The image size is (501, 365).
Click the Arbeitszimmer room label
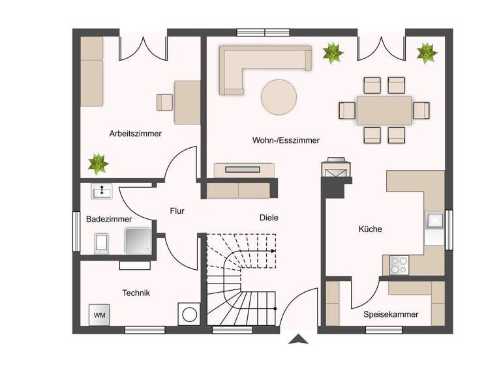[x=135, y=134]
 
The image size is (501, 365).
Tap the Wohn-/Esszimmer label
[x=286, y=140]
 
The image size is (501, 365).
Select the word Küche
[x=370, y=229]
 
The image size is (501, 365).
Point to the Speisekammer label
[x=391, y=314]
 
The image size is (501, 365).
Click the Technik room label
[x=136, y=293]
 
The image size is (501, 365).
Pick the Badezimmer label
[x=109, y=220]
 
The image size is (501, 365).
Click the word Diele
[x=269, y=218]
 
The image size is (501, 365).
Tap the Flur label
[x=177, y=211]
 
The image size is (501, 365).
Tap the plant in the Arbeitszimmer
[x=99, y=163]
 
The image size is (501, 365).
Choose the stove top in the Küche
[x=398, y=265]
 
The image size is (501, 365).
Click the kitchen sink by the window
[x=434, y=221]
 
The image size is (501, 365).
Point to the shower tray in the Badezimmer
[x=139, y=241]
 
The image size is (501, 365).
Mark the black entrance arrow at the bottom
[x=298, y=339]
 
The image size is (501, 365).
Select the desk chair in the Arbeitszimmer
[x=164, y=102]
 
